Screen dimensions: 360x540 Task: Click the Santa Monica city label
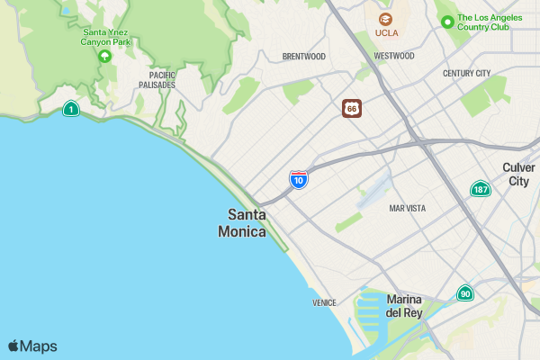point(242,222)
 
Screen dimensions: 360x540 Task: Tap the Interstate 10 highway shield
point(299,179)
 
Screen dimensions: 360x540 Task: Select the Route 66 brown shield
point(352,109)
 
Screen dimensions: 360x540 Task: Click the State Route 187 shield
point(481,189)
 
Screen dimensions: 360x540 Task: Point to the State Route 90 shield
point(465,293)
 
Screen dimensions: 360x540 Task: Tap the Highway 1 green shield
point(70,109)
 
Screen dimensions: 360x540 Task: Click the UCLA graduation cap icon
point(386,18)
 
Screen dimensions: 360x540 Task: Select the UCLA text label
point(386,33)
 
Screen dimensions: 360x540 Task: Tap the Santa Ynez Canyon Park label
point(105,36)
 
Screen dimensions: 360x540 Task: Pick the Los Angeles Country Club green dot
point(445,21)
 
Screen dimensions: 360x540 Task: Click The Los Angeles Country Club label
point(495,22)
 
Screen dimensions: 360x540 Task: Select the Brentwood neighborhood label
point(303,56)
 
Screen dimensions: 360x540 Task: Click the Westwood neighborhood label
point(393,56)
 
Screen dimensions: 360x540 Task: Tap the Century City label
point(466,73)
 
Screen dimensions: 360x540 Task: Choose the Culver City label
point(519,175)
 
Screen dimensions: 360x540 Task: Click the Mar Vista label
point(407,208)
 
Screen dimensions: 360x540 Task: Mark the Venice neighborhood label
point(324,302)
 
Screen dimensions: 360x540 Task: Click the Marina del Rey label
point(404,306)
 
